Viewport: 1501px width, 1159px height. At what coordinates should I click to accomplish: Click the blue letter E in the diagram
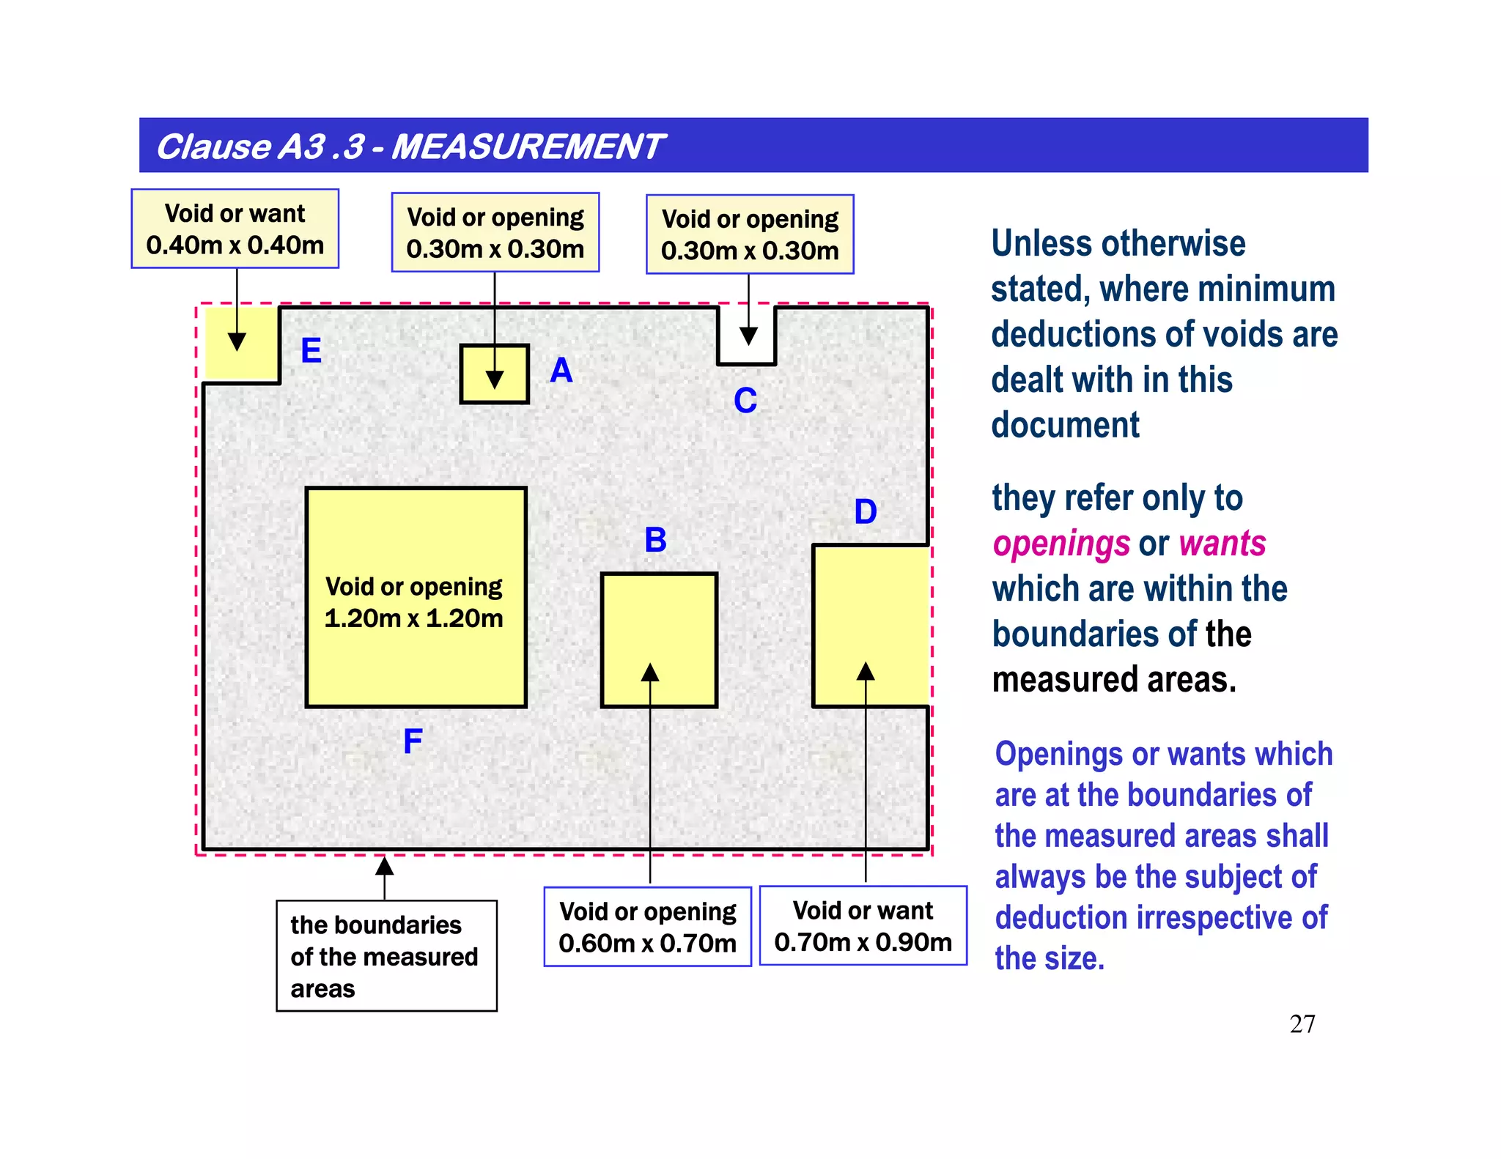[311, 350]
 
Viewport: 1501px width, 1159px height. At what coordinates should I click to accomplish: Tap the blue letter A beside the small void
[561, 370]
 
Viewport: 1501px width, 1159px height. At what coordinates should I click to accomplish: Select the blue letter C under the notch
[745, 401]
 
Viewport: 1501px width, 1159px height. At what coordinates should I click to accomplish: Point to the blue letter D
[866, 511]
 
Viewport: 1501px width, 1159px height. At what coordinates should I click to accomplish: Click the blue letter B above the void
[655, 540]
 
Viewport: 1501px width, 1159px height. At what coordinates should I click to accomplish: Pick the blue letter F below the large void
[413, 741]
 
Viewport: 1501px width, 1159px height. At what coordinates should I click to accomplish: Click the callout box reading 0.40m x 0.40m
[235, 229]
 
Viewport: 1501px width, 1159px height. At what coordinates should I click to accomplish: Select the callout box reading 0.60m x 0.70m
[647, 927]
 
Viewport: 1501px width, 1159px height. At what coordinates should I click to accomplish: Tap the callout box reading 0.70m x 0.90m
[863, 925]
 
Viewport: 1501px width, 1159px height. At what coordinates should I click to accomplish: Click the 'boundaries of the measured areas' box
[386, 956]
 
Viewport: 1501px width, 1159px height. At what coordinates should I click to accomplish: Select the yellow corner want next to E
[240, 343]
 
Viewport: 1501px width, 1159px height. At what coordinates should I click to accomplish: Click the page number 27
[1302, 1023]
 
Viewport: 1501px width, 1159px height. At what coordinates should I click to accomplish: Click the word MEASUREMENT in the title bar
[528, 147]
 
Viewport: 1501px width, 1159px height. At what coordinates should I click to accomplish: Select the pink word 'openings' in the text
[1061, 544]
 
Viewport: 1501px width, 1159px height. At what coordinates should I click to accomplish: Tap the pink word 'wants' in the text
[1222, 544]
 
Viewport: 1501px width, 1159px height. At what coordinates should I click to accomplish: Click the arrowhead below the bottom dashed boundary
[385, 867]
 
